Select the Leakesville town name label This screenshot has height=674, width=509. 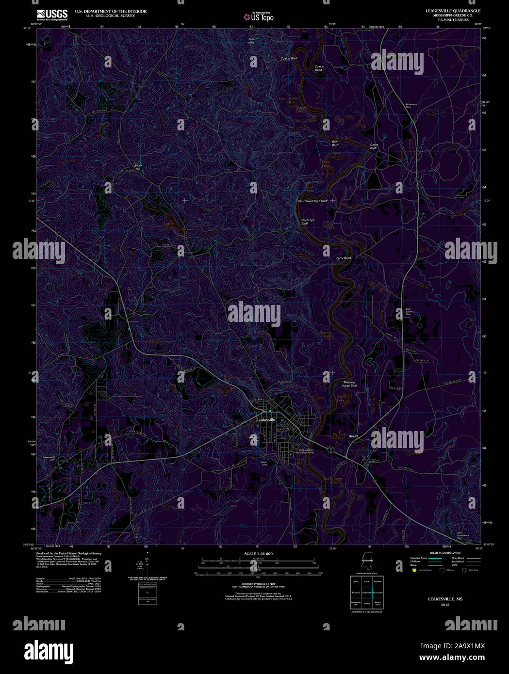[266, 419]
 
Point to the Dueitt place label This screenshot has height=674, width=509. [353, 436]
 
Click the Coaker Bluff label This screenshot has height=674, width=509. [289, 58]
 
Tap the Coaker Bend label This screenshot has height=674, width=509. [319, 68]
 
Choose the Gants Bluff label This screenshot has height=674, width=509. [373, 146]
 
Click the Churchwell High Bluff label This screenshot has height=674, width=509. [312, 201]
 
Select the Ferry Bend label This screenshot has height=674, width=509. [344, 258]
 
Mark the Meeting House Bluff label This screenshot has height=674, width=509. [349, 384]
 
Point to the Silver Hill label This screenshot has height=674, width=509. [137, 167]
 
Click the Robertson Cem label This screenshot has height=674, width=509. [411, 105]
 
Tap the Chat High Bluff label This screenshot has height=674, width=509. [308, 222]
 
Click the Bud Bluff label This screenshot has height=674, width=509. [335, 144]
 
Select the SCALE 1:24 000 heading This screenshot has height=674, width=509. [258, 554]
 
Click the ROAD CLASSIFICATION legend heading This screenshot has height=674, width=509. [445, 553]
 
